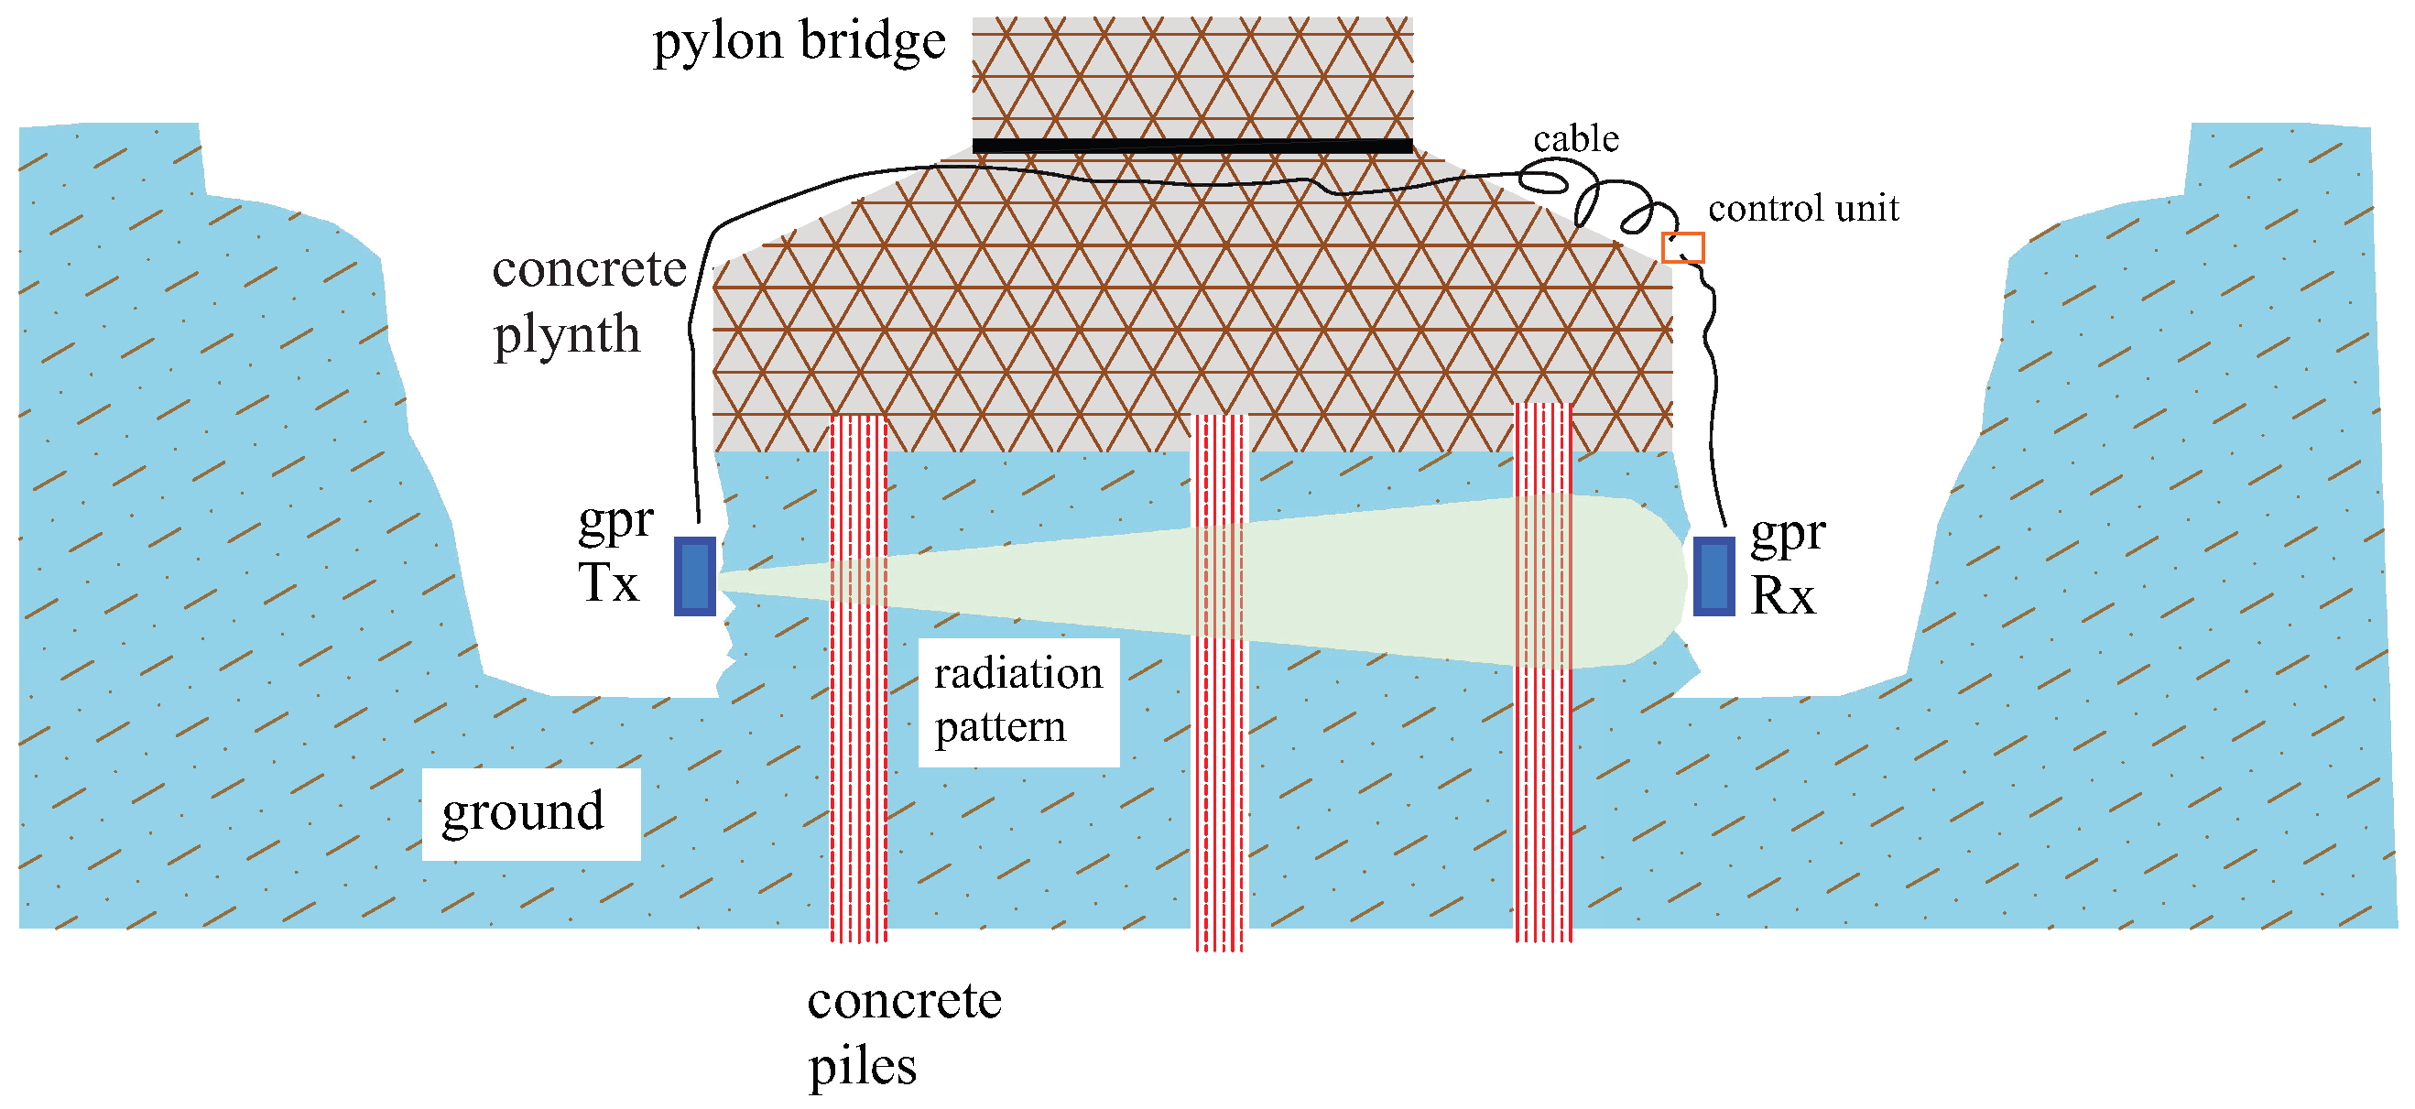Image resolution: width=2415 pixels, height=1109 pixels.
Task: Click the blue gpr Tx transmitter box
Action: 695,576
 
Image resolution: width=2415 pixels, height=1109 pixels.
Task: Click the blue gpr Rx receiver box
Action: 1713,576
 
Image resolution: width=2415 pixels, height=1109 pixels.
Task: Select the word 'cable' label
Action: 1575,139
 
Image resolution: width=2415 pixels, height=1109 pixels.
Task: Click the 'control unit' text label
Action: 1802,208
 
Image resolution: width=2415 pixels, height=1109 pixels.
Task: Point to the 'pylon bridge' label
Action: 799,42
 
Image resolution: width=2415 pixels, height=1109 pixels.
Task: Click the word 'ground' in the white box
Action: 523,811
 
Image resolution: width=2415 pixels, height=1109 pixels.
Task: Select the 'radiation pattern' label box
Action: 1018,701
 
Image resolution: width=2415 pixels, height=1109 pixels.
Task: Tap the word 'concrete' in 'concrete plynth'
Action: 589,270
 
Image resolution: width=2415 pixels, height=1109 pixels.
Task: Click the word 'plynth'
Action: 566,334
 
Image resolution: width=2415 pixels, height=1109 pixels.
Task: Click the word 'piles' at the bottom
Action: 862,1066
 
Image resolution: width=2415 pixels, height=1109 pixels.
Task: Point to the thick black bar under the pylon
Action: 1191,146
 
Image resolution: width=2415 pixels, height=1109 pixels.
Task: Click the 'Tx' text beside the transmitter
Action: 607,583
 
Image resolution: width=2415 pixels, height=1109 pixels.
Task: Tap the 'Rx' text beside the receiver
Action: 1782,595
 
